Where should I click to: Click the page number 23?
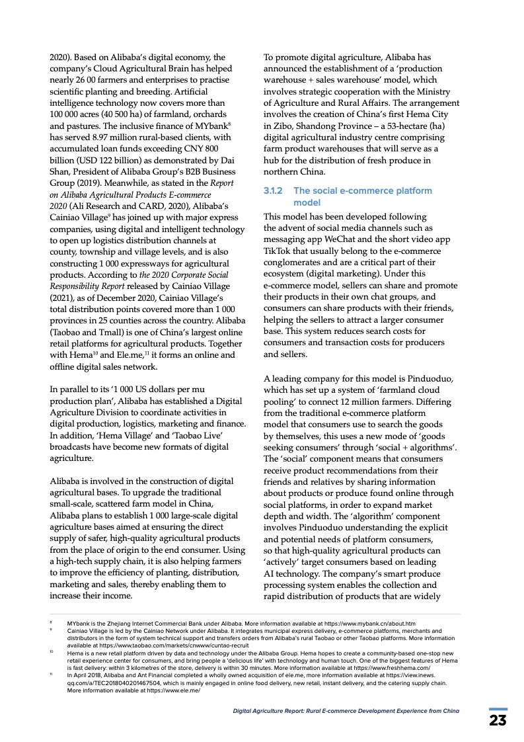pos(498,720)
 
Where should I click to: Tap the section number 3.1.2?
pos(274,190)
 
